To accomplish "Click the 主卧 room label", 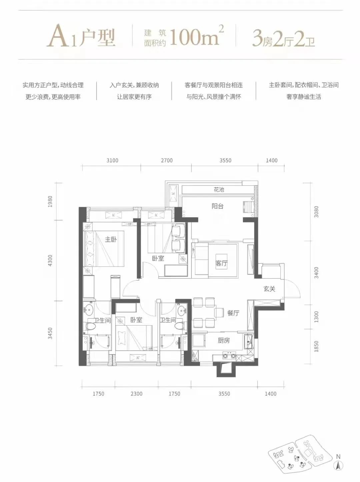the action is coord(111,239).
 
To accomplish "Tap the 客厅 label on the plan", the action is coord(221,263).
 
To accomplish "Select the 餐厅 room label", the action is coord(233,313).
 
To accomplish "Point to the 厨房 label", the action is coord(224,340).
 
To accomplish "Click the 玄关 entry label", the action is coord(269,289).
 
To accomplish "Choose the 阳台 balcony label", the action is coord(217,206).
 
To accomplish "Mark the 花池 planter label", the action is coord(219,189).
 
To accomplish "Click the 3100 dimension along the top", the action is coord(112,160).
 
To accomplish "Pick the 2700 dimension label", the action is coord(167,160).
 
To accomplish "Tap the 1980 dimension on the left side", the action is coord(50,201).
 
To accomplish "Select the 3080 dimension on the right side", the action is coord(316,212).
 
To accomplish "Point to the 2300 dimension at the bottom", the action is coord(136,394).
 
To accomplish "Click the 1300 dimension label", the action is coord(316,317).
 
